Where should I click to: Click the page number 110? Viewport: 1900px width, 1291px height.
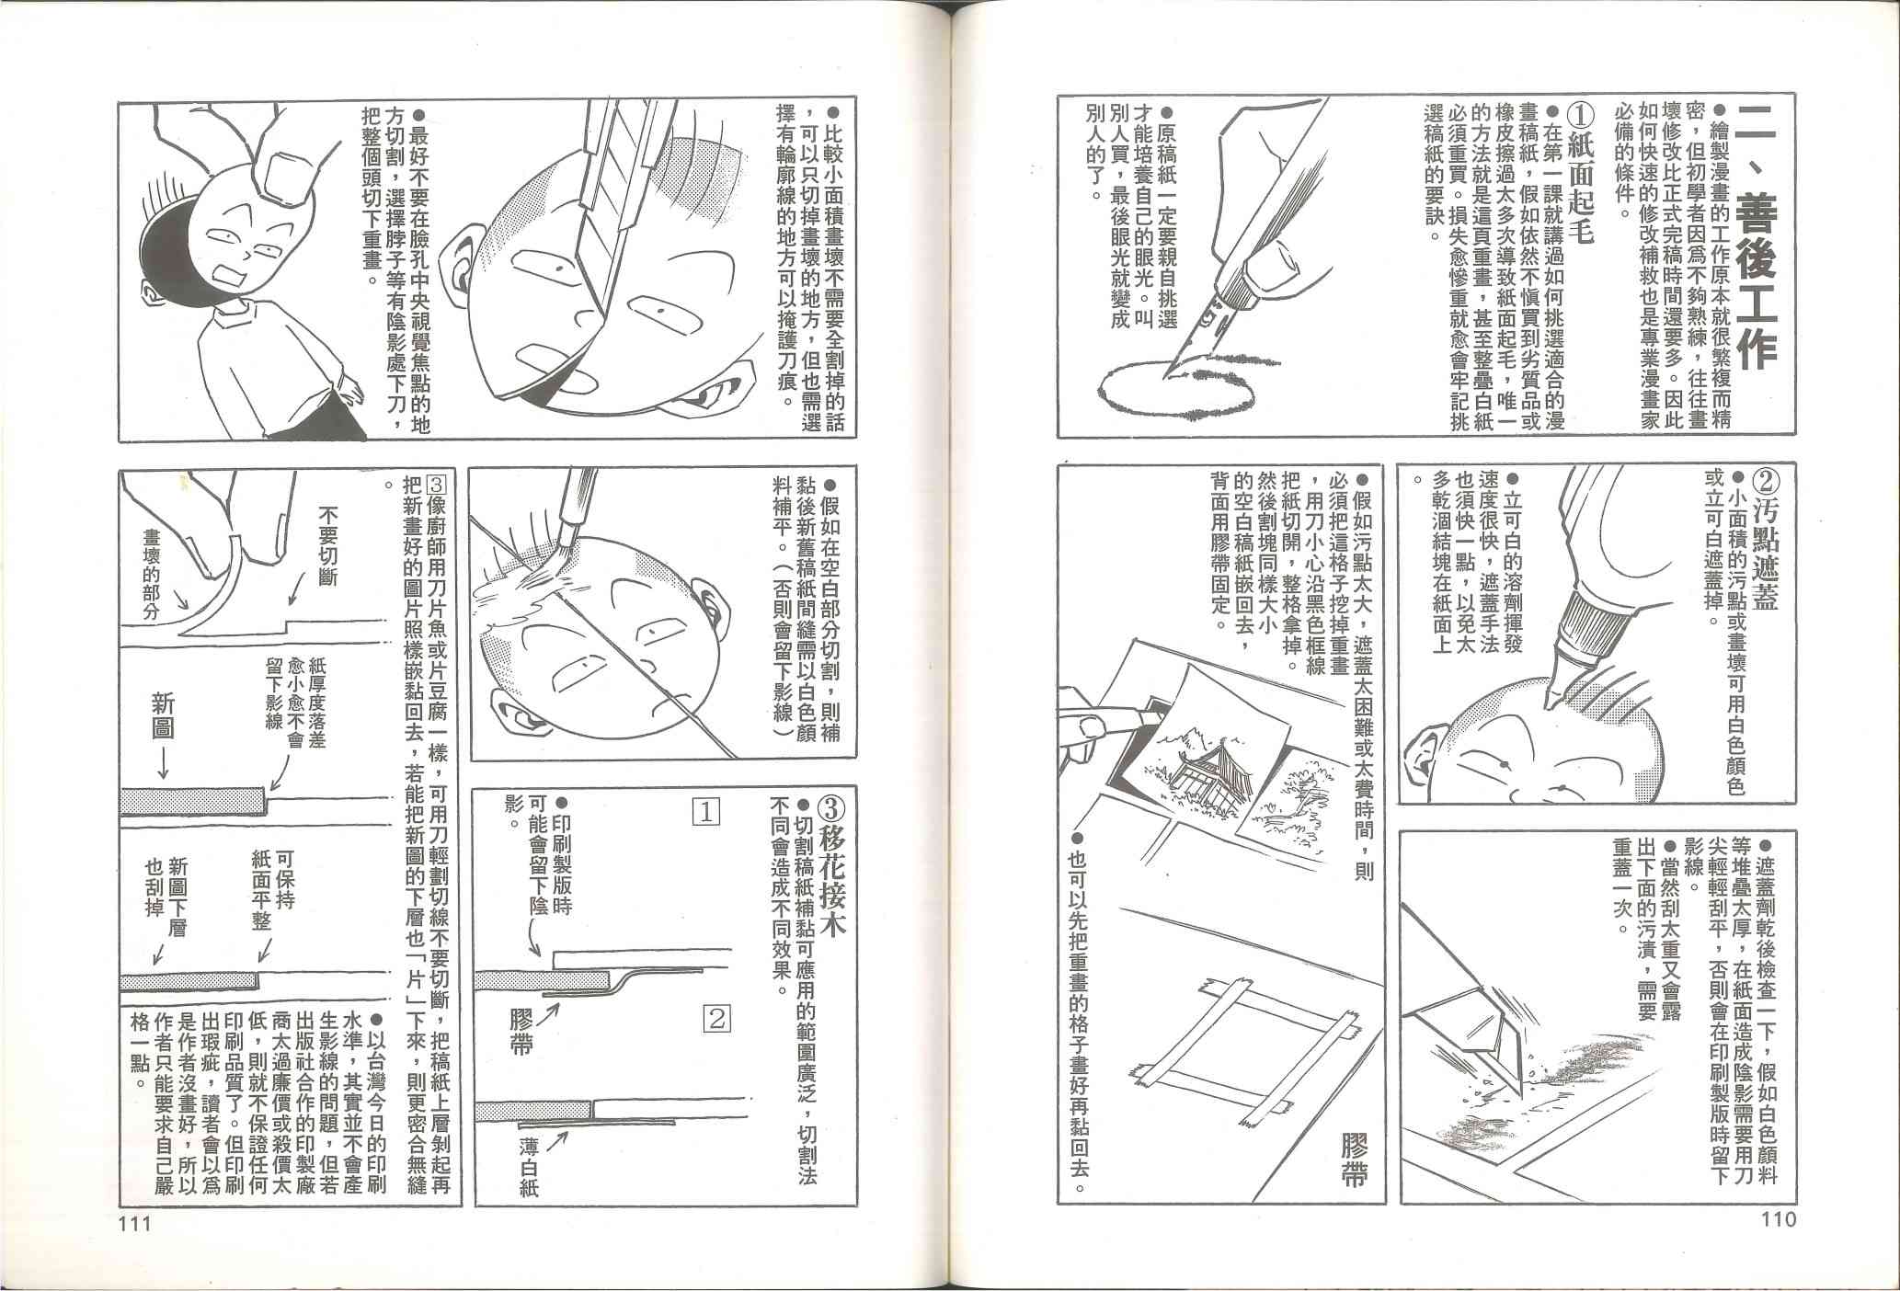coord(1777,1220)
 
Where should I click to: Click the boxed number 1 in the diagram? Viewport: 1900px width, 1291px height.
coord(706,812)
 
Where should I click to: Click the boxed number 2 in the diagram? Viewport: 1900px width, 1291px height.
coord(716,1018)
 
